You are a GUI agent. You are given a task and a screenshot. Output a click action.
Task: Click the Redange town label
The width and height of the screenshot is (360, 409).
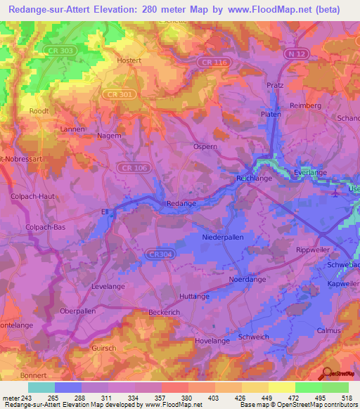click(x=181, y=204)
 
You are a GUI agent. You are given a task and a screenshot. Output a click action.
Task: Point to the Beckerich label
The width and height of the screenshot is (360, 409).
click(x=165, y=311)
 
